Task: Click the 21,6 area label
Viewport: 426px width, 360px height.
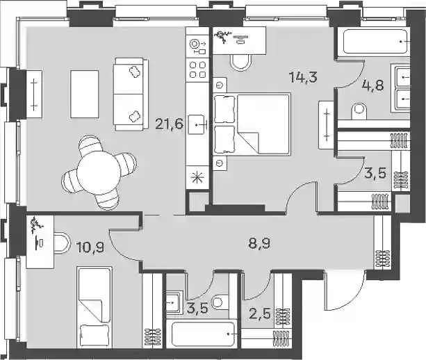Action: coord(170,124)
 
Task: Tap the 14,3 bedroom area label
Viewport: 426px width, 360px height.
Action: coord(303,78)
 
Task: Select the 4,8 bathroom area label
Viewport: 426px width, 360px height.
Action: coord(372,86)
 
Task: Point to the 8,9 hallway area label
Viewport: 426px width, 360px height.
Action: coord(259,244)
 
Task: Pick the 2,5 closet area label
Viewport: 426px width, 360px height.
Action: coord(260,314)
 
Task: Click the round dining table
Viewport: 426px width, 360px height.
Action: coord(99,172)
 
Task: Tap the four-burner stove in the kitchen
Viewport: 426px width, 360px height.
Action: coord(197,69)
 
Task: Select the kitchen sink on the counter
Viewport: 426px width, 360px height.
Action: coord(196,124)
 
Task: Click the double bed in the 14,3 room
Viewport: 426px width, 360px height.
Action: coord(252,124)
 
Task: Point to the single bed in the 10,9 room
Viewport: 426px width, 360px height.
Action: coord(95,307)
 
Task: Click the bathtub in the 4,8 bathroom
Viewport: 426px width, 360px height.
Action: coord(376,41)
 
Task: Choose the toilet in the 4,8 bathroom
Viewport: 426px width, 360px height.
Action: coord(358,111)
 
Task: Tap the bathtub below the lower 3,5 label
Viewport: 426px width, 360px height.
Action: coord(203,334)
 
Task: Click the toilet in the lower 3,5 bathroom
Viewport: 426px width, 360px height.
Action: coord(221,302)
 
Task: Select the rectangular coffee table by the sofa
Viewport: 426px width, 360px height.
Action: coord(85,94)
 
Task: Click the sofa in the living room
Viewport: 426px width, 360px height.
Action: coord(131,95)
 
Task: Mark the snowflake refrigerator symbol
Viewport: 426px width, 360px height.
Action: coord(197,178)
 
